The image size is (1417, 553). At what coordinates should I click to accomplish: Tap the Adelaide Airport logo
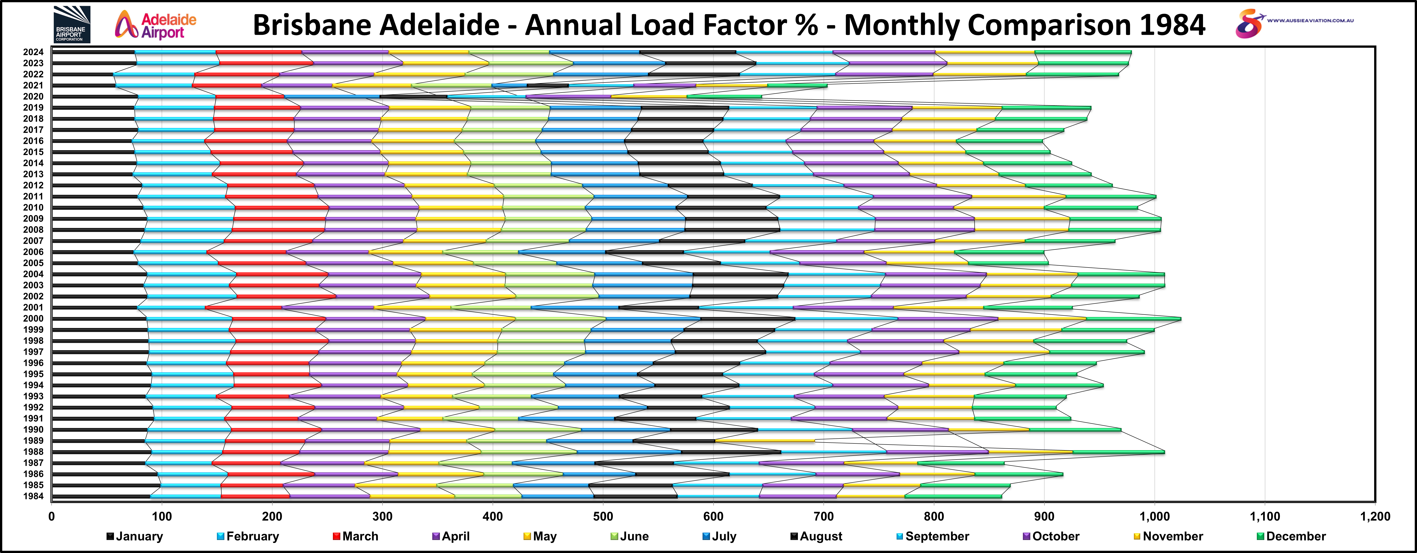point(156,25)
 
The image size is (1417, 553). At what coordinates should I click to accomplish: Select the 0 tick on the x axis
point(52,517)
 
